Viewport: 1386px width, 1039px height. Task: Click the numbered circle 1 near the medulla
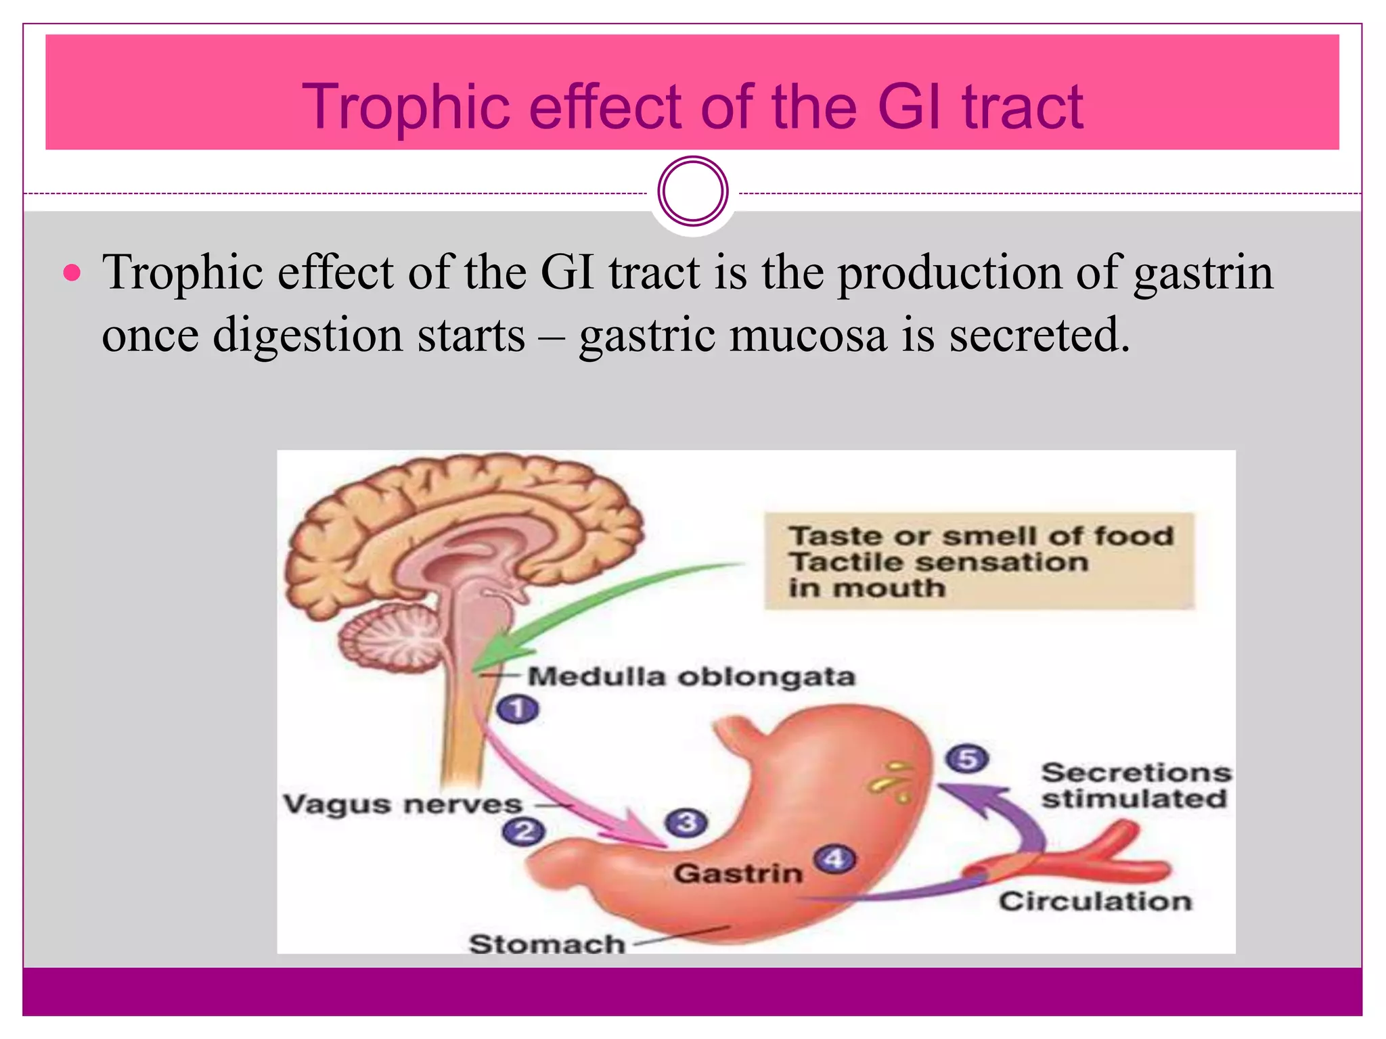(x=518, y=710)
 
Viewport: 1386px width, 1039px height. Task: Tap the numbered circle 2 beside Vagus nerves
(x=524, y=831)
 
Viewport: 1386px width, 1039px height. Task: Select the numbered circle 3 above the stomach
(x=686, y=823)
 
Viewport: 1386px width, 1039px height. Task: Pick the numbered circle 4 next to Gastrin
(x=834, y=859)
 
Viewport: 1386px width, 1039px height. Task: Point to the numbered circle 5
(x=967, y=759)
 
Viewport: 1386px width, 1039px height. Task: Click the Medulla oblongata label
(x=691, y=676)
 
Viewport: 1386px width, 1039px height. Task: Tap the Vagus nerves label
(x=403, y=804)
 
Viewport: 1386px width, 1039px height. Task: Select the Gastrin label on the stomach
(x=738, y=873)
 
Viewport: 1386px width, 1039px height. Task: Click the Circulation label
(x=1095, y=902)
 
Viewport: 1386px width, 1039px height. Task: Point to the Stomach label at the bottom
(x=547, y=944)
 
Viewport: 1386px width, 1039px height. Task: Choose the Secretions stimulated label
(x=1136, y=785)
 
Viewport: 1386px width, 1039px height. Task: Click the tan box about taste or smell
(x=979, y=561)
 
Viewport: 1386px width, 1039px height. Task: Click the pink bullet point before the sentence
(x=72, y=274)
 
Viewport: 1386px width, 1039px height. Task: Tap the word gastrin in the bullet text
(x=1203, y=273)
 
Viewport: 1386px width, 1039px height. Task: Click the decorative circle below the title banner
(x=692, y=191)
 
